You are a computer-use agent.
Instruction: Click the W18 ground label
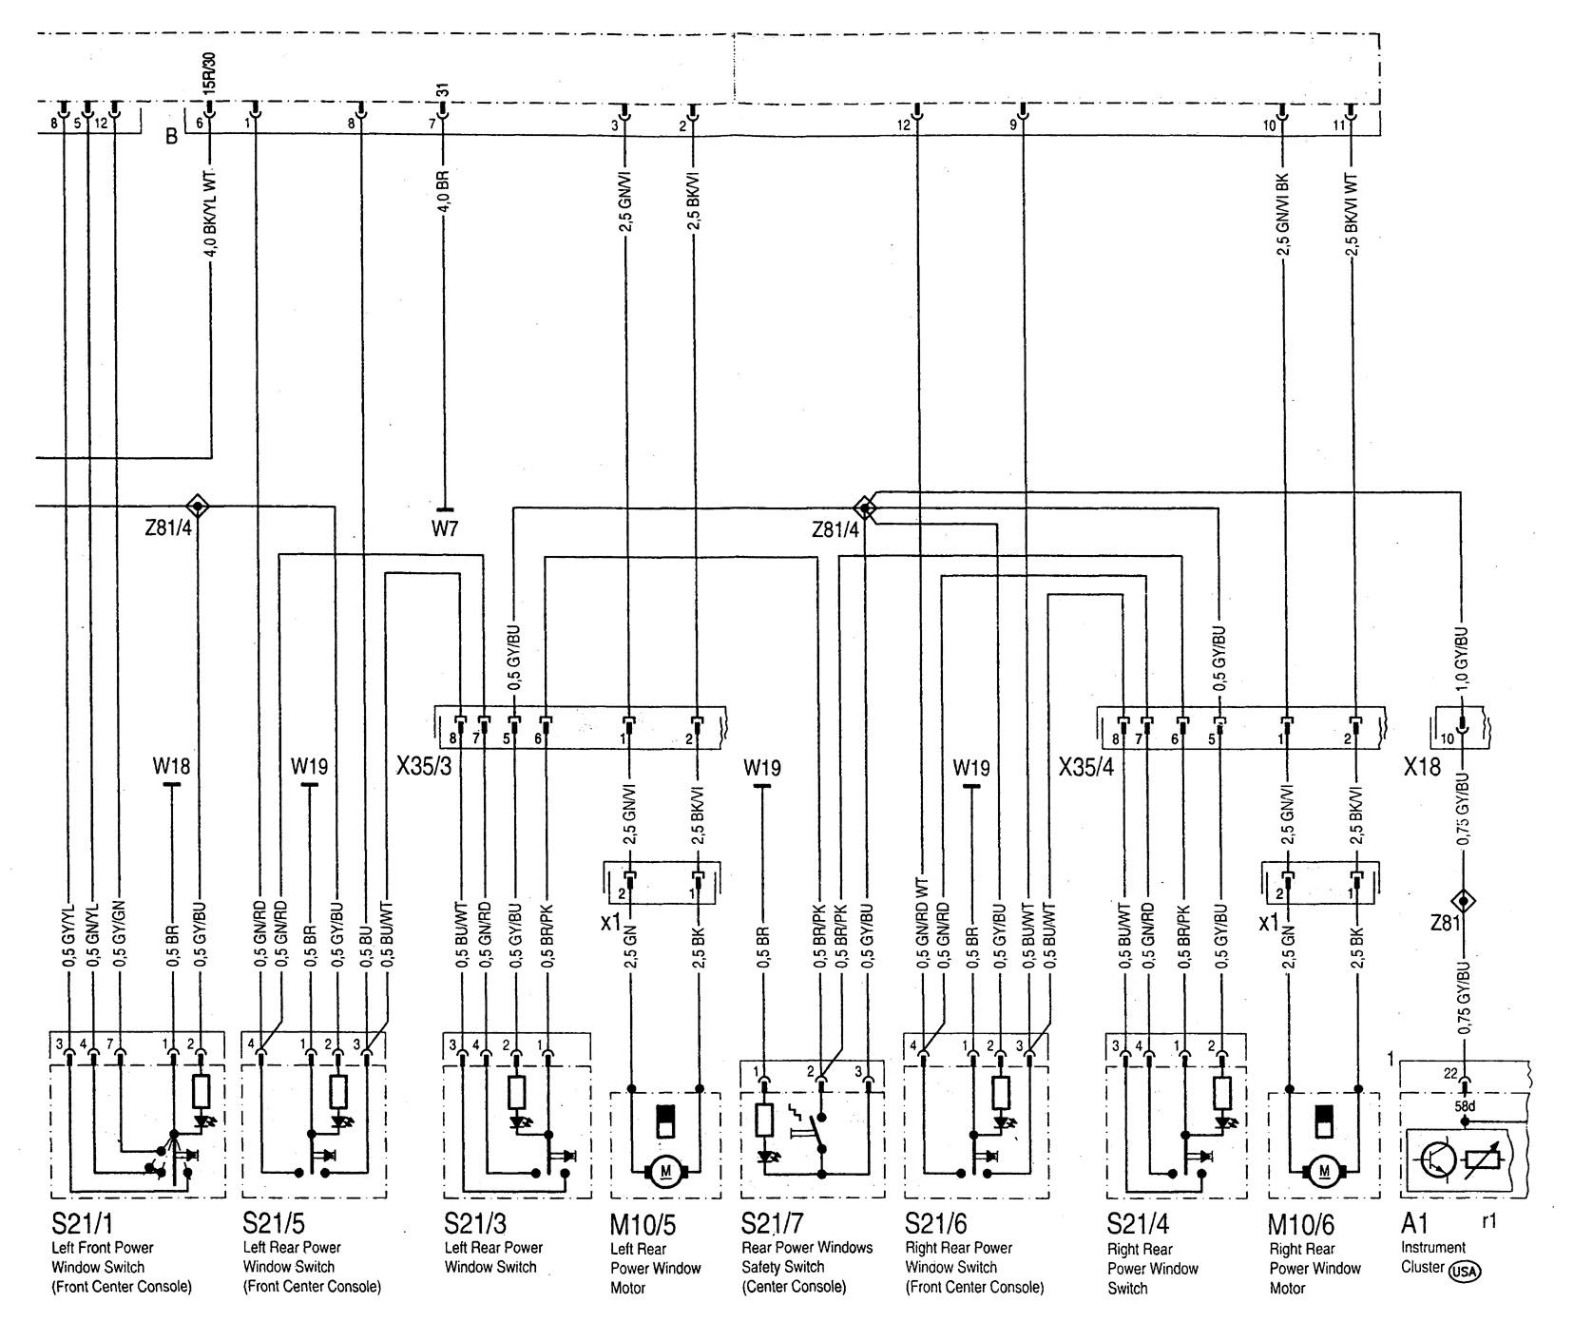(x=171, y=765)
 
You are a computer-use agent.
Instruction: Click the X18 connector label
(x=1422, y=766)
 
